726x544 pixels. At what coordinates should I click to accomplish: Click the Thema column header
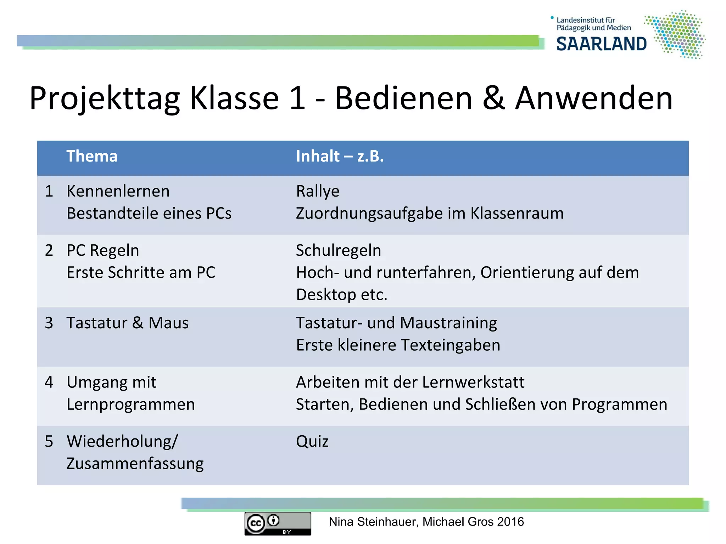(92, 156)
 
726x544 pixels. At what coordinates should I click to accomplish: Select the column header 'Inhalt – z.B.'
(340, 156)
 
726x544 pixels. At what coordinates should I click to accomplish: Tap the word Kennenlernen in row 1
(118, 191)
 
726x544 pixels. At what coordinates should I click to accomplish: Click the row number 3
(49, 323)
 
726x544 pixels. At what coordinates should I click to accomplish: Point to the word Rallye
(318, 191)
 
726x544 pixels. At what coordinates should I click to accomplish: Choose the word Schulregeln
(339, 250)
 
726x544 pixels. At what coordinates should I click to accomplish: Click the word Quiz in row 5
(312, 441)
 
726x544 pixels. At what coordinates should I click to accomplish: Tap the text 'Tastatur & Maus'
(128, 323)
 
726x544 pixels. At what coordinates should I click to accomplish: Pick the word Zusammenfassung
(135, 464)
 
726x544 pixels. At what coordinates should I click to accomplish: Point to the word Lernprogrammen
(131, 404)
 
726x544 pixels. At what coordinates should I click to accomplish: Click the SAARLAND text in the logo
(601, 44)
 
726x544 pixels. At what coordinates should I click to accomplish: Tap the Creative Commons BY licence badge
(278, 523)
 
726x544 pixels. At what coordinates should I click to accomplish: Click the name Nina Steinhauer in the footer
(373, 522)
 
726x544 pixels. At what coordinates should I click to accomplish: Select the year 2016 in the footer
(510, 522)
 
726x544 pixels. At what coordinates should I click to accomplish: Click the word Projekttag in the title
(105, 98)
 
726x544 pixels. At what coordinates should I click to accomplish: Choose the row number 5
(49, 441)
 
